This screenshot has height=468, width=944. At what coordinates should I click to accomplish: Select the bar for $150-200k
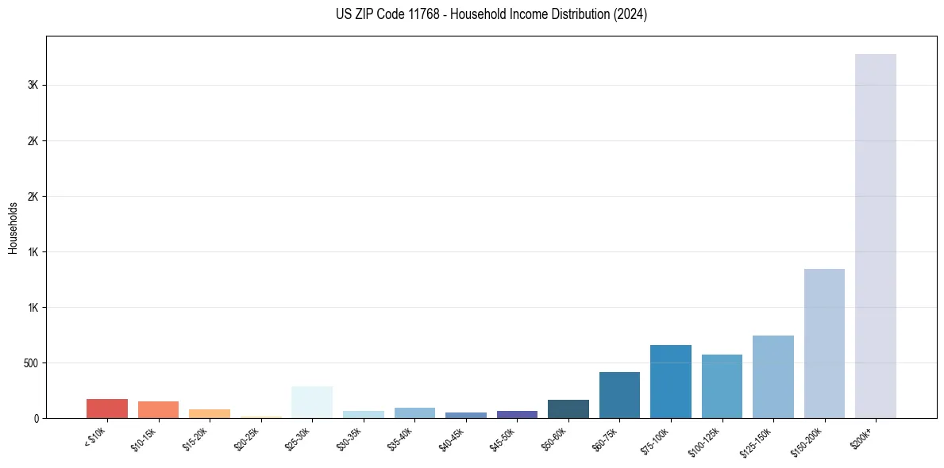click(x=824, y=343)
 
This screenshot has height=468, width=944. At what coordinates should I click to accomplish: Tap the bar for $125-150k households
click(x=773, y=377)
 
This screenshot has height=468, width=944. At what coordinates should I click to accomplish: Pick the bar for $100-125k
click(x=722, y=386)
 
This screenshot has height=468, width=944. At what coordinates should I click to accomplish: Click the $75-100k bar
click(x=670, y=382)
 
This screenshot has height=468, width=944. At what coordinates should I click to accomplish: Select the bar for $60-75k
click(x=619, y=395)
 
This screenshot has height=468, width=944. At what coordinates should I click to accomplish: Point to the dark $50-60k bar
click(x=568, y=409)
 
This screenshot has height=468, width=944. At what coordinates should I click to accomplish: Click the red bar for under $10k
click(x=107, y=409)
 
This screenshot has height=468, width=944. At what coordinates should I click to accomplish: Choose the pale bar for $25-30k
click(x=312, y=402)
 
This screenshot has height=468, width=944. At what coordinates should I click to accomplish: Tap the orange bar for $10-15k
click(x=158, y=409)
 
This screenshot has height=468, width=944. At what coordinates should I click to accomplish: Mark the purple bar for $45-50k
click(x=517, y=414)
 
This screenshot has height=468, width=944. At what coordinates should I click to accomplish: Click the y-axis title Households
click(x=13, y=228)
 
